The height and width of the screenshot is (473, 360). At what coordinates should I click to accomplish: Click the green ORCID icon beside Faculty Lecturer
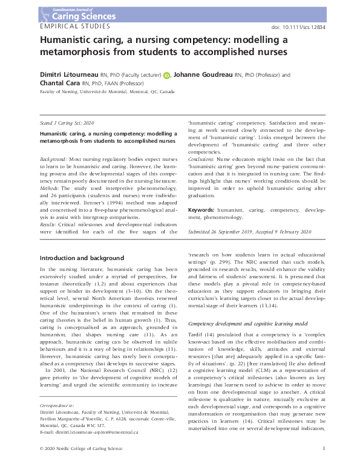166,76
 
